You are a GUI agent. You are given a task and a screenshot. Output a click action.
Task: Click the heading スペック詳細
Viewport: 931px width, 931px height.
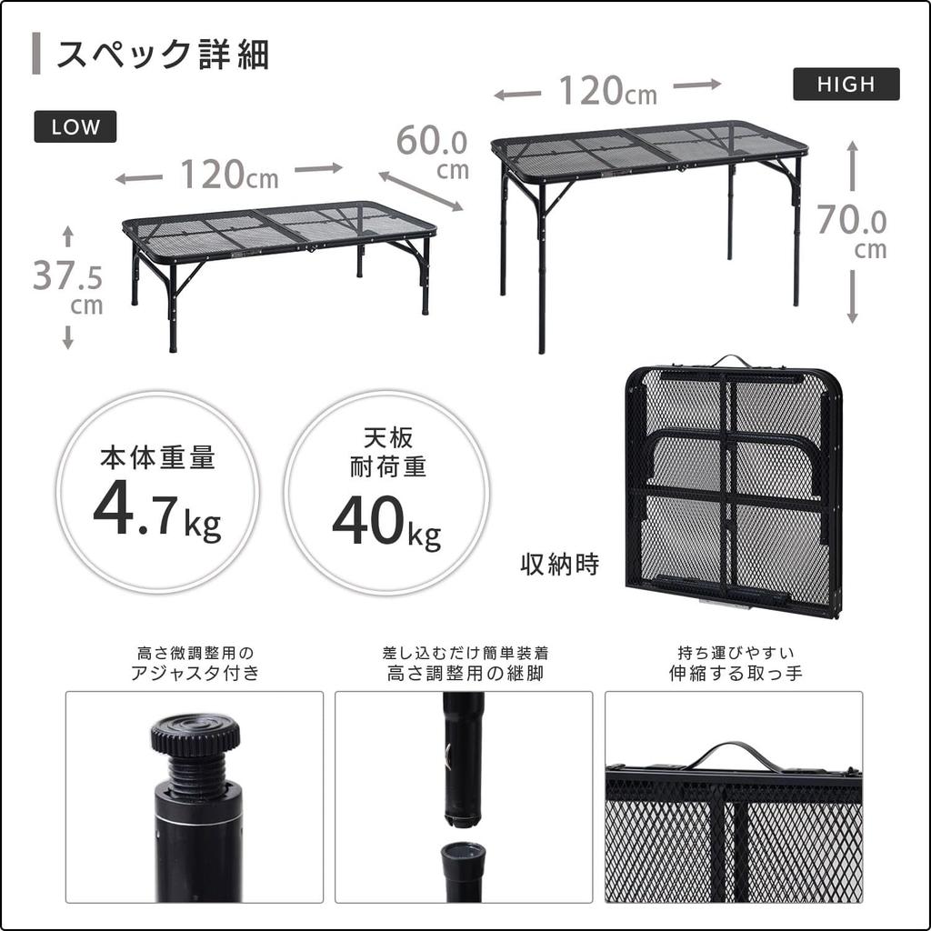tap(163, 55)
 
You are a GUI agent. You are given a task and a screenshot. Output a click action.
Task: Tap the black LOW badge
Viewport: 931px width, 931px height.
tap(75, 127)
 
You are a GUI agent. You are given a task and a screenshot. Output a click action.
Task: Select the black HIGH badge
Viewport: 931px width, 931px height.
tap(846, 85)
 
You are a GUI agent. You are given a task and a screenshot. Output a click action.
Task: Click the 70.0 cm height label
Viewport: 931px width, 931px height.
tap(851, 231)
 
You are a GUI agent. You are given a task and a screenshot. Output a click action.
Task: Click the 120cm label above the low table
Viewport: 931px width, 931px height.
tap(228, 174)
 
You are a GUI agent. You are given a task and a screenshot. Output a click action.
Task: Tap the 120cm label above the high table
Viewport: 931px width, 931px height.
tap(606, 90)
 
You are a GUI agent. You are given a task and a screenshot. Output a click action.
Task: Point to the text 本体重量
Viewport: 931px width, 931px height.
tap(157, 458)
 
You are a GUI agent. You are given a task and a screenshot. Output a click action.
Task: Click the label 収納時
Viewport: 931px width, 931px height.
tap(560, 565)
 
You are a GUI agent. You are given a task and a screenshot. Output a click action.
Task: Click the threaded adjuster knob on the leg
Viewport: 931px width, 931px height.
tap(195, 735)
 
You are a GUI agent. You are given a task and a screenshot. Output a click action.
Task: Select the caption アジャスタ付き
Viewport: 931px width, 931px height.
tap(195, 674)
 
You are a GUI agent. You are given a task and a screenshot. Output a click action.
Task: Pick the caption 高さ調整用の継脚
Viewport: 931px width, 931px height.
tap(465, 674)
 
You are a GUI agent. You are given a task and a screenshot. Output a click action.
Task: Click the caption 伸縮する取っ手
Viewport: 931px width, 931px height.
tap(735, 674)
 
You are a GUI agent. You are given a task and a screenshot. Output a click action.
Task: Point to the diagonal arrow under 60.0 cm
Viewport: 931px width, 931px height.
tap(421, 191)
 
